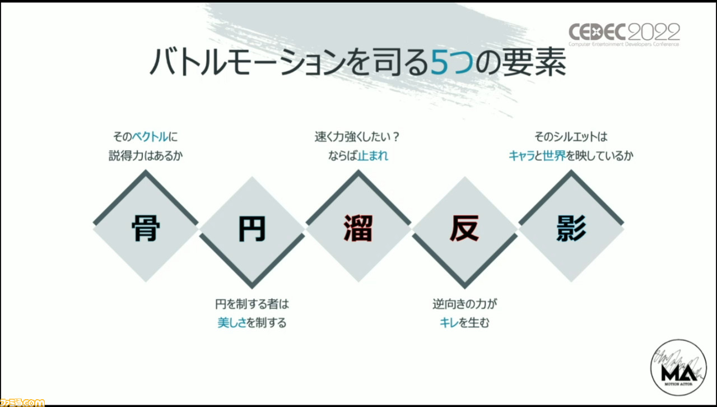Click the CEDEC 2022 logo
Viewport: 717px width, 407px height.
click(x=624, y=35)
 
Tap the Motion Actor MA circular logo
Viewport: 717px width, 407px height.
click(x=678, y=367)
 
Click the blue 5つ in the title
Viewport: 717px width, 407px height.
click(x=452, y=62)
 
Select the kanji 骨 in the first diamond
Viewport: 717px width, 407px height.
click(x=146, y=228)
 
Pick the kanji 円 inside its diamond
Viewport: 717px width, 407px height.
click(x=252, y=229)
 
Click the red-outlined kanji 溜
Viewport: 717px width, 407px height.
click(x=358, y=228)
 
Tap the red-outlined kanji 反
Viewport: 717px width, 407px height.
click(x=465, y=228)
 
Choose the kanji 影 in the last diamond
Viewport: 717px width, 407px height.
click(x=571, y=228)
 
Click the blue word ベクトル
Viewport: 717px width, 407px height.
click(x=150, y=137)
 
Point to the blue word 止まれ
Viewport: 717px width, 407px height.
click(x=373, y=156)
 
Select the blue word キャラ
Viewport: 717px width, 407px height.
click(x=522, y=156)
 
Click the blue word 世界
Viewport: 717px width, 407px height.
click(x=554, y=156)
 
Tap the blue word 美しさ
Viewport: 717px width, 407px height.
click(x=232, y=322)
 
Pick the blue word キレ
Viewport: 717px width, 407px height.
click(x=449, y=322)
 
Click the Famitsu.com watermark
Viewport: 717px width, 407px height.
click(x=22, y=402)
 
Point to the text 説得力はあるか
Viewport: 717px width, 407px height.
click(x=146, y=156)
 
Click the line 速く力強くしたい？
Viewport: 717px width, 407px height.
click(x=357, y=137)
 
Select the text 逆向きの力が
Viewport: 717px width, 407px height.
click(x=465, y=303)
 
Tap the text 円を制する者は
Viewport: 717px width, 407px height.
click(x=252, y=303)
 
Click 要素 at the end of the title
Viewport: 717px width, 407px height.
click(x=534, y=62)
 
